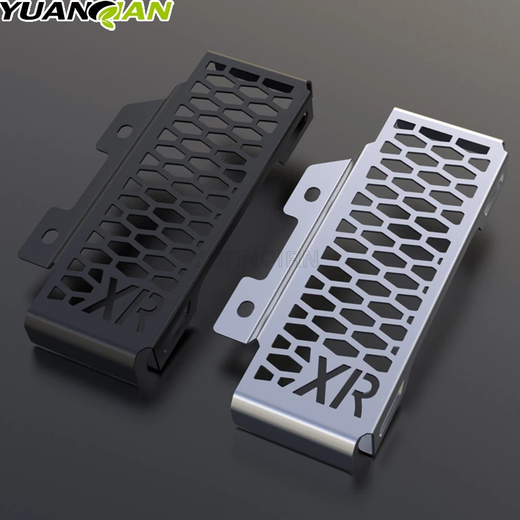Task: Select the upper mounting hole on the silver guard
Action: tap(314, 193)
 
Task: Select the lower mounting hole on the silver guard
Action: tap(248, 306)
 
